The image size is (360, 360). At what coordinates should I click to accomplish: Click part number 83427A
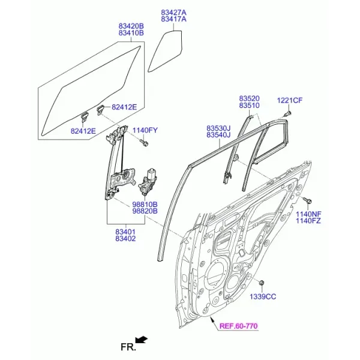(x=173, y=13)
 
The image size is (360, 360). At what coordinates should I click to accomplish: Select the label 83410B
(x=131, y=33)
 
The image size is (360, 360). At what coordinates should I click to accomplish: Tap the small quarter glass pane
(x=165, y=51)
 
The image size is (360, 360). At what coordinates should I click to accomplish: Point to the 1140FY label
(x=145, y=130)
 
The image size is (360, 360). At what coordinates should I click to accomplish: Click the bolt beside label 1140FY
(x=144, y=143)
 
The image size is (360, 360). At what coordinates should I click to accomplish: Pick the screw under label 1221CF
(x=289, y=113)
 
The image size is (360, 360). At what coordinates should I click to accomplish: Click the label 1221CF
(x=290, y=101)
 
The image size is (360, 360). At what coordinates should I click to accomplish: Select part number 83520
(x=250, y=98)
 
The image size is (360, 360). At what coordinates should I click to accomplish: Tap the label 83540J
(x=218, y=135)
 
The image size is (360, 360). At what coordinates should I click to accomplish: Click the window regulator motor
(x=147, y=181)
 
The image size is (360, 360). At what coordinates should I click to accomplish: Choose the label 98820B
(x=145, y=211)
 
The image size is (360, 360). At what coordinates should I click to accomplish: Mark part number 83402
(x=125, y=239)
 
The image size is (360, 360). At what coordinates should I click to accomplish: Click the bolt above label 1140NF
(x=307, y=200)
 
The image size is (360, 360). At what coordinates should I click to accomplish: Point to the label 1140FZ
(x=308, y=221)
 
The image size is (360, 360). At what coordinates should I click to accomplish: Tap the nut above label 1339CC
(x=261, y=283)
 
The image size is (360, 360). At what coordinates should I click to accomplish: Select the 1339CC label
(x=263, y=297)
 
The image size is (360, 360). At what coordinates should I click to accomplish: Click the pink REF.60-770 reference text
(x=239, y=326)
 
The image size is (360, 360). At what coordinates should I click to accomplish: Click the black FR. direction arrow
(x=142, y=340)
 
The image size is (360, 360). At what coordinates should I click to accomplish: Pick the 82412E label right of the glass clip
(x=124, y=107)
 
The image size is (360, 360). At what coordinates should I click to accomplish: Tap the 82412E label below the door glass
(x=83, y=131)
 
